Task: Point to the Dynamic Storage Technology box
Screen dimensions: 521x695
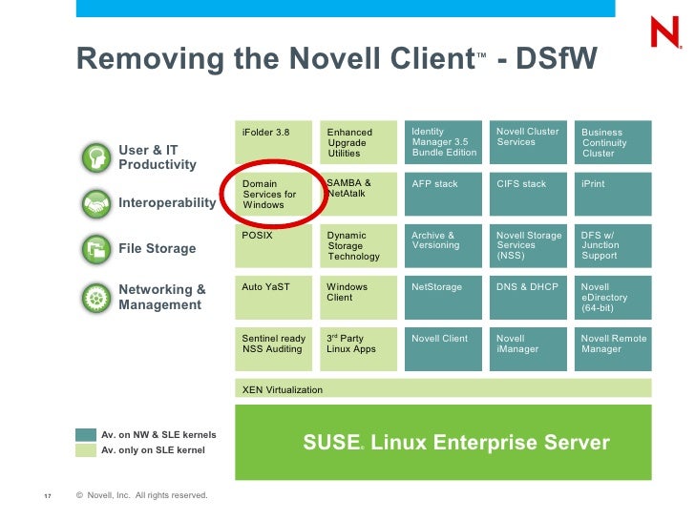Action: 358,245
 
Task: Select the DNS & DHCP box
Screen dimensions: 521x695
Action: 528,297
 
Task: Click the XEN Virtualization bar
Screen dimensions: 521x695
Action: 444,389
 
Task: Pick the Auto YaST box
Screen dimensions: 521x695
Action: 273,297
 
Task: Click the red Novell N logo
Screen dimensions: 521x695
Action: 664,33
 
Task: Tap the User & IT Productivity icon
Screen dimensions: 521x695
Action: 95,156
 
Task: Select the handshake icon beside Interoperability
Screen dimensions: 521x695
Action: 95,202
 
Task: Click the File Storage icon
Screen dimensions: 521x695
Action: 95,248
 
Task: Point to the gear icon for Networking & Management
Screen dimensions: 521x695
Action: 95,296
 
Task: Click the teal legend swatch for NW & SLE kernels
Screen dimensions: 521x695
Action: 85,435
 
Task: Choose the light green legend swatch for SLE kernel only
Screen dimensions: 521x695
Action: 85,449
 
